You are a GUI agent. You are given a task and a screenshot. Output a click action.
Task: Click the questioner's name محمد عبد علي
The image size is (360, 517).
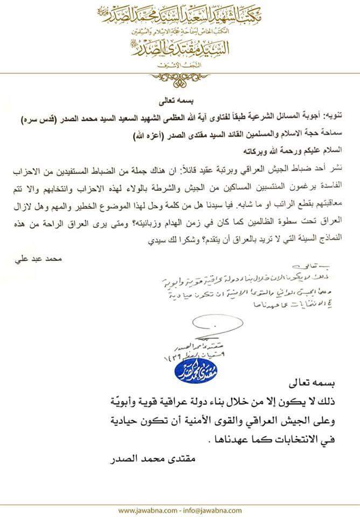point(34,258)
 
